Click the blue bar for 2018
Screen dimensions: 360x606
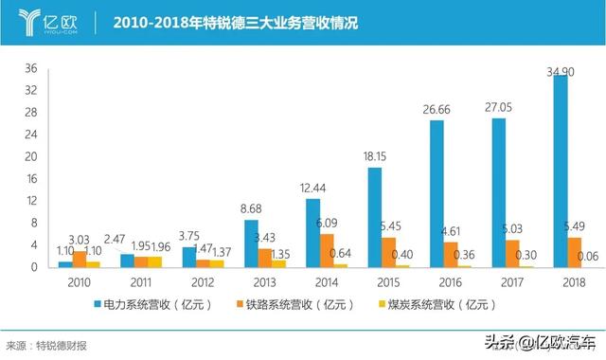(560, 171)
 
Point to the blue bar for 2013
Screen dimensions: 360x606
(251, 243)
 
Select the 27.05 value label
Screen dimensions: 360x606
(499, 109)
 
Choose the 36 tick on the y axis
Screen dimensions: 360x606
(30, 68)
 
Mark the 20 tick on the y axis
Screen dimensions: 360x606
(30, 156)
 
